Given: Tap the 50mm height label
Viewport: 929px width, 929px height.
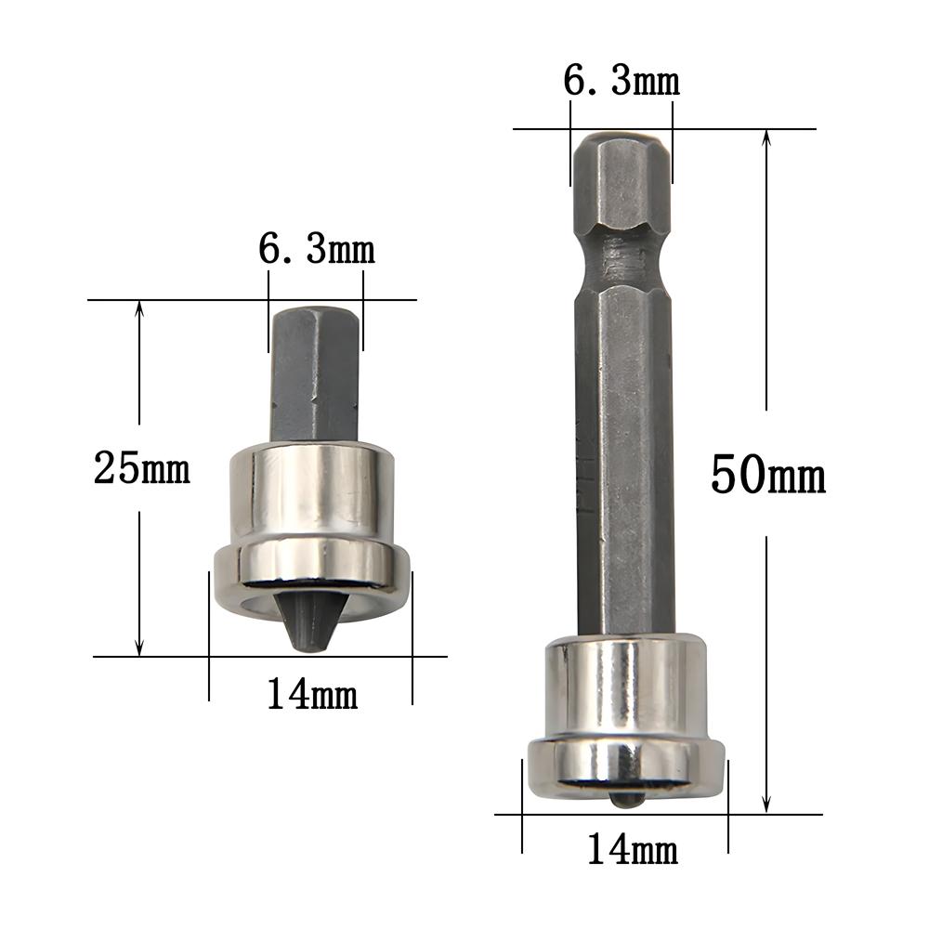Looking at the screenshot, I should tap(767, 476).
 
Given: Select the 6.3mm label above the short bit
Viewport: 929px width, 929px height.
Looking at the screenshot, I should tap(317, 250).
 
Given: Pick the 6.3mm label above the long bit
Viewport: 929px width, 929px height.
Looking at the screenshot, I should tap(622, 82).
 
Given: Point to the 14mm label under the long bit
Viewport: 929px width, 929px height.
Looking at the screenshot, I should tap(632, 848).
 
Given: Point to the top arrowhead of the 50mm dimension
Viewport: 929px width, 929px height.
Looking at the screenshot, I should tap(766, 137).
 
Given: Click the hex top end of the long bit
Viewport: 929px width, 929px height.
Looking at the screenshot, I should tap(621, 181).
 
